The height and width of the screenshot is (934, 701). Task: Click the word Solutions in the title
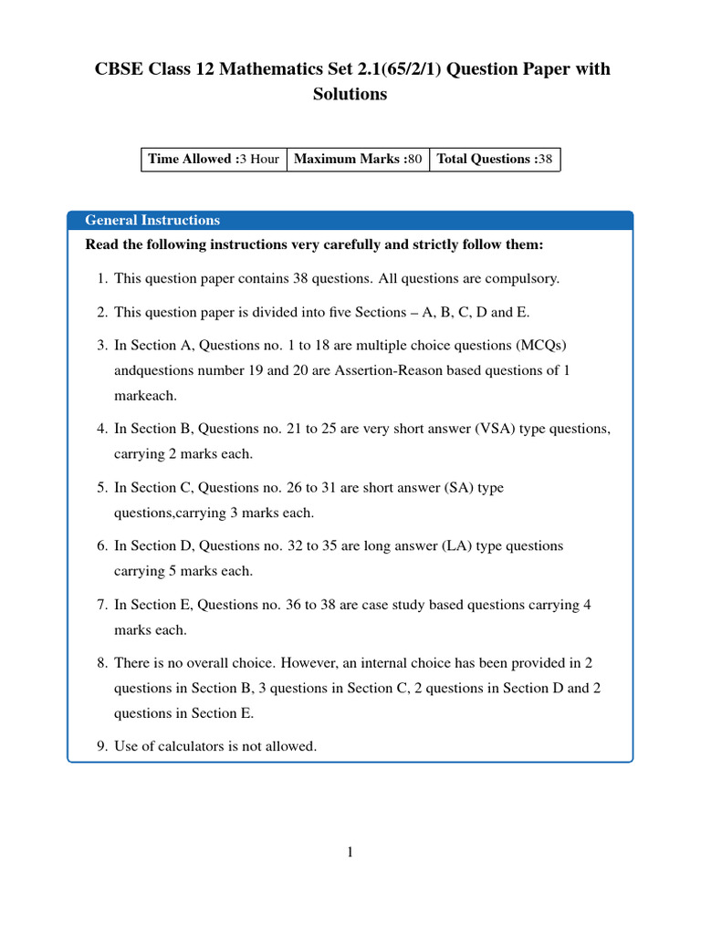tap(350, 94)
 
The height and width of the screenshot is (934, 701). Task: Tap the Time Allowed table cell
tap(213, 159)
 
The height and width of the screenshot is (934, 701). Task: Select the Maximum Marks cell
tap(358, 159)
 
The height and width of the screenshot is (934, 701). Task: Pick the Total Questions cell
tap(494, 159)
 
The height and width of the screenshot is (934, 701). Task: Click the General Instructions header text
tap(152, 220)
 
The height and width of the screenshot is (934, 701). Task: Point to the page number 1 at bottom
tap(350, 853)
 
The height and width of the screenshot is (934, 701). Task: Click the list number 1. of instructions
tap(102, 278)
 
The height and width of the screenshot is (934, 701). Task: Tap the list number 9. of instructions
tap(102, 746)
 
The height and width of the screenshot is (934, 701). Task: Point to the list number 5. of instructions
tap(102, 487)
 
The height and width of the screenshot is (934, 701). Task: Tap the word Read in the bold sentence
tap(101, 245)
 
